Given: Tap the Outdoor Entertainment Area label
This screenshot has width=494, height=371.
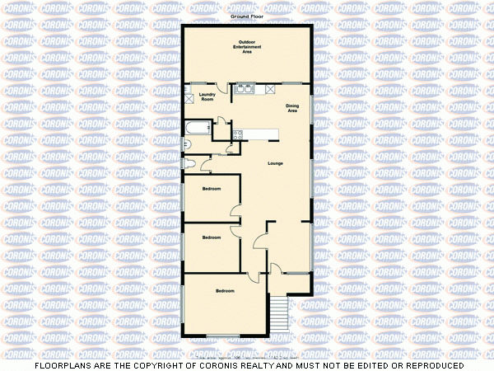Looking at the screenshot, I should click(x=247, y=46).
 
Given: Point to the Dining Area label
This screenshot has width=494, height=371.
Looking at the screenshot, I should click(x=292, y=108).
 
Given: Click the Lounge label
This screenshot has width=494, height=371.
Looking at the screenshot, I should click(x=277, y=163).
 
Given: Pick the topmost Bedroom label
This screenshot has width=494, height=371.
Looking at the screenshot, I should click(x=212, y=190).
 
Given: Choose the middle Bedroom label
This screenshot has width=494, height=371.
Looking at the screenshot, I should click(x=212, y=237).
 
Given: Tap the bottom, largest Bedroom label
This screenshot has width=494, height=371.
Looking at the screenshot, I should click(x=225, y=291).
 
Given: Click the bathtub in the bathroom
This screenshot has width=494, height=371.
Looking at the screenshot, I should click(x=198, y=128).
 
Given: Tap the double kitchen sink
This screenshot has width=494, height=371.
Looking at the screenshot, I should click(x=245, y=88).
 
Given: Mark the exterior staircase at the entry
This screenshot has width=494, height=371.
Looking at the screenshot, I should click(x=279, y=312).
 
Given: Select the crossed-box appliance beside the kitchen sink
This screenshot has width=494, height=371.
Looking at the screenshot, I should click(x=270, y=89).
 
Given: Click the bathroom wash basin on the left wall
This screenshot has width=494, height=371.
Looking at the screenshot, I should click(x=185, y=146).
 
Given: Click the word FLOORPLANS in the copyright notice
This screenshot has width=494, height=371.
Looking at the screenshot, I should click(x=59, y=365).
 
